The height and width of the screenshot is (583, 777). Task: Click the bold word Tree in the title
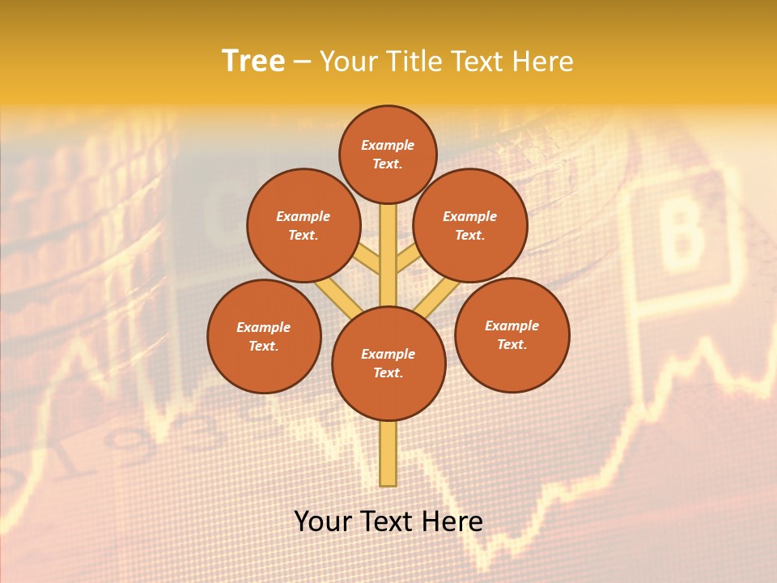253,61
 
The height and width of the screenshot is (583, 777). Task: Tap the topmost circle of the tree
388,154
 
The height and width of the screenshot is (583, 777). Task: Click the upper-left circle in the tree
304,225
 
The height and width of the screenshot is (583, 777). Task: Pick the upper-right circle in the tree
470,225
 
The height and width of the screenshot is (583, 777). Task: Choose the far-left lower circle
264,336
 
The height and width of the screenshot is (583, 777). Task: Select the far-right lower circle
512,334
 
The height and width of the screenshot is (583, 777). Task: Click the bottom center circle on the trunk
388,364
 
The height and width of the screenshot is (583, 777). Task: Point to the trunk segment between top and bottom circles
388,255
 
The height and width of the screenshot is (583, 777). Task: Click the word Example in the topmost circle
388,145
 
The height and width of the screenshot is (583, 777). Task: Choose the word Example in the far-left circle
264,327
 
